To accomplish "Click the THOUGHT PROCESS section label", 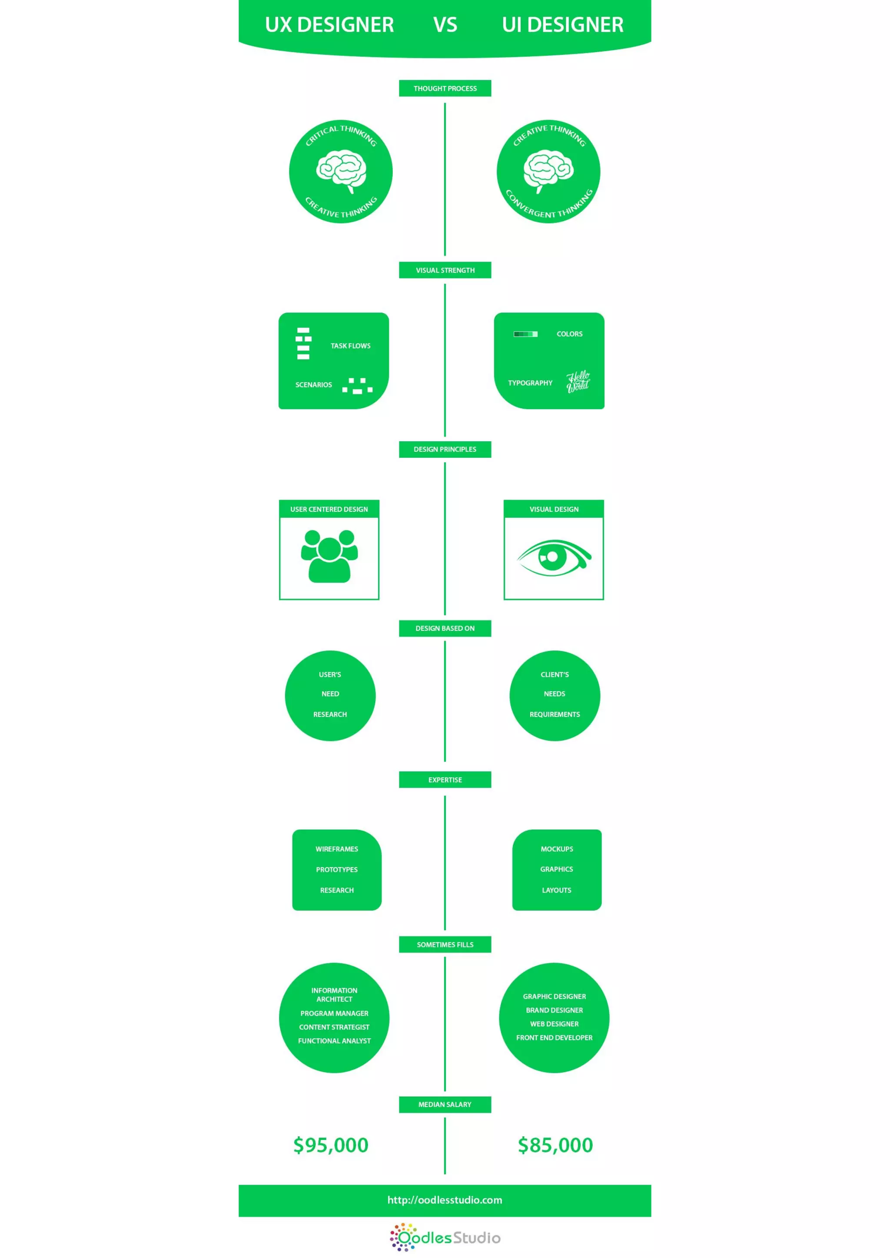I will click(445, 88).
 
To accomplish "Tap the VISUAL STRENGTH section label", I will click(445, 270).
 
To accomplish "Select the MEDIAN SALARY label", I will click(445, 1104).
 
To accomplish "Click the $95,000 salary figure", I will click(331, 1145).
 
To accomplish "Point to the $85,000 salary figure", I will click(555, 1145).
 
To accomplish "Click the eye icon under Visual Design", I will click(554, 558).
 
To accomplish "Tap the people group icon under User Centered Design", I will click(329, 556).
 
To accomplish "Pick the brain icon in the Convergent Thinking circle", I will click(548, 170).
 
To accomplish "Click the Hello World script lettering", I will click(578, 381).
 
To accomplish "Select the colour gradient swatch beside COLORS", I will click(525, 334).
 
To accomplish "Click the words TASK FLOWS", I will click(350, 346).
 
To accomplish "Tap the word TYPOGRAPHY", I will click(530, 383).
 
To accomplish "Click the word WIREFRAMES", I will click(336, 849).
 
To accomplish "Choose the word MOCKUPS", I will click(557, 849).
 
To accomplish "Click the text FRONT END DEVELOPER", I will click(554, 1038).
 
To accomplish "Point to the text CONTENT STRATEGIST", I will click(334, 1027).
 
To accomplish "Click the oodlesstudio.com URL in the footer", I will click(445, 1200).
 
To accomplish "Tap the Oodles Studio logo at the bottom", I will click(445, 1237).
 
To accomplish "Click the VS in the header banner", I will click(445, 25).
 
